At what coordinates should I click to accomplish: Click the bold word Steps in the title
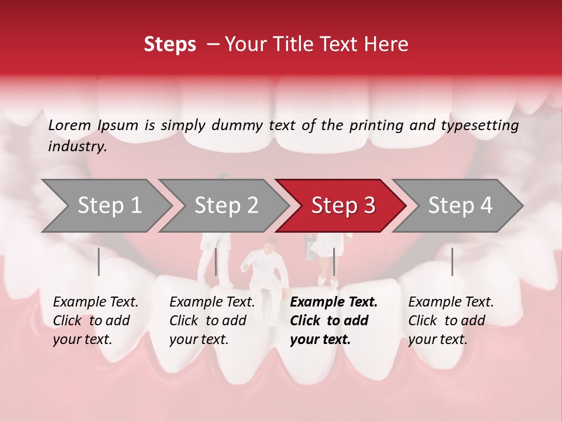[x=170, y=45]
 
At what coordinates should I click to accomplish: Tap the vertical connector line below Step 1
[x=99, y=261]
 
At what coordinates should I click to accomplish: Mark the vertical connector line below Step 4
[x=452, y=261]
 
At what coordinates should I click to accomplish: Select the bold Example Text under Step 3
[x=334, y=302]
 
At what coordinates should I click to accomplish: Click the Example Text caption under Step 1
[x=95, y=302]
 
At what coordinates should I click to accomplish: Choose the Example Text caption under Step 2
[x=212, y=302]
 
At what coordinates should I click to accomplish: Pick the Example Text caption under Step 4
[x=451, y=302]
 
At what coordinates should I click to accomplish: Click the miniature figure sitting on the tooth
[x=266, y=275]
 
